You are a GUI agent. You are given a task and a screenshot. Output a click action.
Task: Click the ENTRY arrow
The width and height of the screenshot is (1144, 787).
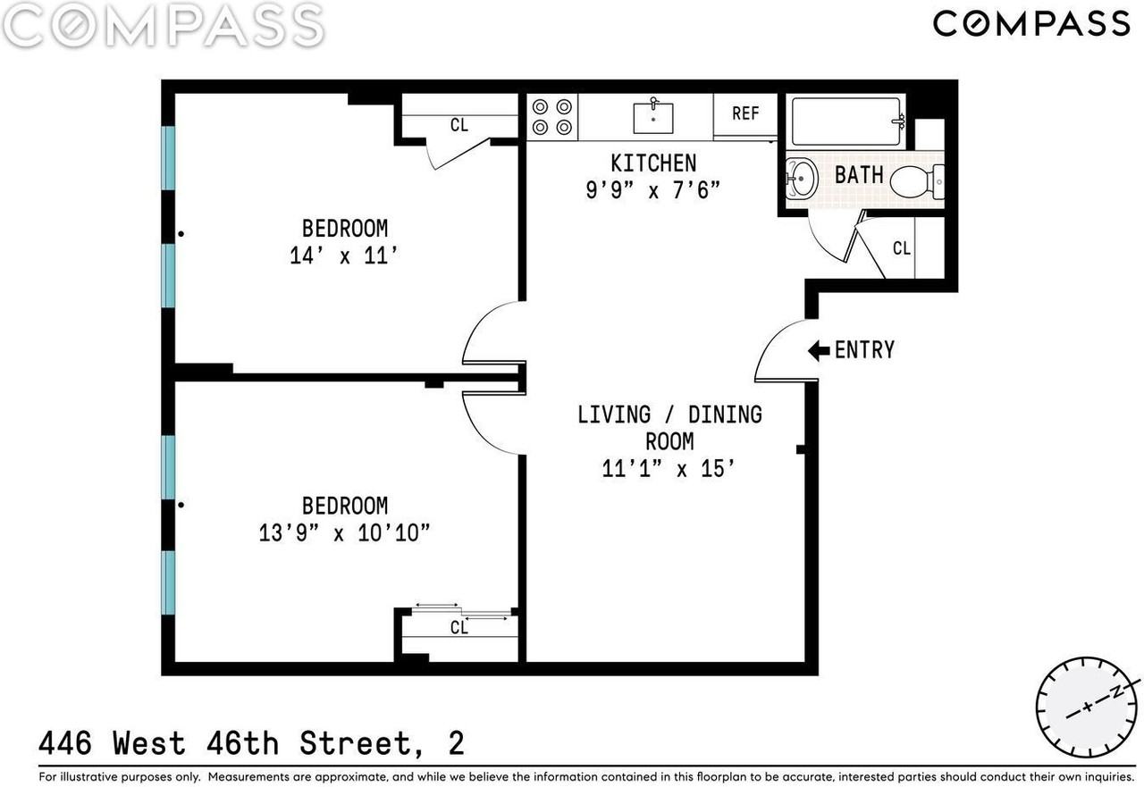point(819,351)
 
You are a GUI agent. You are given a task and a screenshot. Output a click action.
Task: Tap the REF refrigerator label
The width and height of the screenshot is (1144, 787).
point(745,113)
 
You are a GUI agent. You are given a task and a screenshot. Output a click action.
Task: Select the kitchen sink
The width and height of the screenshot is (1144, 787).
point(653,117)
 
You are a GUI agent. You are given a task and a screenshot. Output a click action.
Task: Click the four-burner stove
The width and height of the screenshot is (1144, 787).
point(552,117)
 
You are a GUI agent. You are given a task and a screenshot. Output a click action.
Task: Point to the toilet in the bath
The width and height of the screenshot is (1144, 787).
point(917,181)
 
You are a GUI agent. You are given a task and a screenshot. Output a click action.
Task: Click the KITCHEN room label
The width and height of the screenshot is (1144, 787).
point(653,163)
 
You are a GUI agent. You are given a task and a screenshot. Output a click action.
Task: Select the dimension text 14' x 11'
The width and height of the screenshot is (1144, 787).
point(344,255)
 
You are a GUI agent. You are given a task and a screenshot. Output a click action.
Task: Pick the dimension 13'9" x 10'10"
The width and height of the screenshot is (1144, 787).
point(345,533)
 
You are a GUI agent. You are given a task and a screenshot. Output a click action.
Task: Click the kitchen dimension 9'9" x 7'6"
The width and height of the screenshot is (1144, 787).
point(652,190)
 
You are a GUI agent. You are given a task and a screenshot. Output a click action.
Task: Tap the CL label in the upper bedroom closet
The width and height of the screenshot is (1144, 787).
point(459,125)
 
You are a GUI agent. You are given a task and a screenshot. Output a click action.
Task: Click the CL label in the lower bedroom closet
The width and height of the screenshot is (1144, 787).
point(459,627)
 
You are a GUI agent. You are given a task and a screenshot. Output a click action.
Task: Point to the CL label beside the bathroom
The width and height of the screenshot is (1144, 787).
point(902,248)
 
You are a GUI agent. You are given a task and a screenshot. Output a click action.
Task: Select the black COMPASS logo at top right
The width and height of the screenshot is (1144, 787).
point(1031,24)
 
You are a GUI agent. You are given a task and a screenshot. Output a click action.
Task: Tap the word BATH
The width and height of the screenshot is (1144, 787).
point(859,175)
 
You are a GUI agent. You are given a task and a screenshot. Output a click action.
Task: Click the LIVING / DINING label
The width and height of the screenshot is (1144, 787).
point(669,414)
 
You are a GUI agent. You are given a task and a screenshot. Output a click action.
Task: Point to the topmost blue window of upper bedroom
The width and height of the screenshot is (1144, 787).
point(168,158)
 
